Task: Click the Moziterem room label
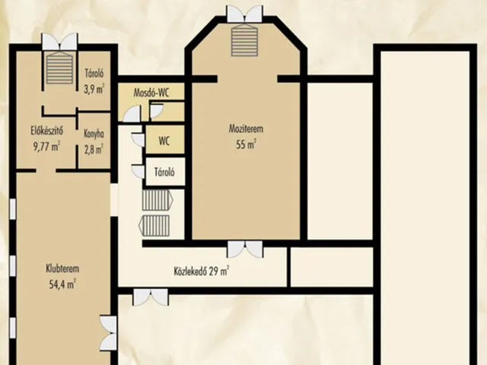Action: pos(246,129)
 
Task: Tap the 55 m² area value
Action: pos(246,144)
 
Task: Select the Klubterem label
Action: pos(62,268)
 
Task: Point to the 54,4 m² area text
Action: pos(62,284)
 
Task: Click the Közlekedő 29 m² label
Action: pos(202,271)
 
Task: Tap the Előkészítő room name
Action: pos(46,130)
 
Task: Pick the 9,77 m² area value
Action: pos(46,146)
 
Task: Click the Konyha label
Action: pos(94,134)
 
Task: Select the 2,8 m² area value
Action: pos(94,149)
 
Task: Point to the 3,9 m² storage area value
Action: pos(94,89)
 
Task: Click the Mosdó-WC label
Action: pos(151,93)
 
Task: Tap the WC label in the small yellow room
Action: pos(164,141)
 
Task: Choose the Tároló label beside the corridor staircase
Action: pos(164,172)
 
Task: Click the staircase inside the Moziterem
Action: pos(245,40)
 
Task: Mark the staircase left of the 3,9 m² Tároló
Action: pos(59,68)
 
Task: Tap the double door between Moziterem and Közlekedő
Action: pos(245,249)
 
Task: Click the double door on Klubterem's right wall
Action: pos(109,333)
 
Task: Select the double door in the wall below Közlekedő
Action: pos(151,297)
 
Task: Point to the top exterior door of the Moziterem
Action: pos(245,14)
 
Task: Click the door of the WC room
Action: pos(138,140)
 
